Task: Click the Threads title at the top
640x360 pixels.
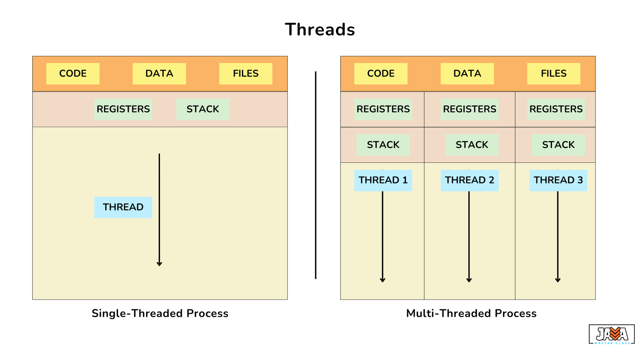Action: [x=320, y=30]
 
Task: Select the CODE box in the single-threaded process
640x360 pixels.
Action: [x=73, y=74]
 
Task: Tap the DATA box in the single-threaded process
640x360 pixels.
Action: [x=159, y=74]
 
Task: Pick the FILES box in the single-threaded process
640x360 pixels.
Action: [x=246, y=74]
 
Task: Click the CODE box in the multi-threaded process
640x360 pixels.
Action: [x=381, y=74]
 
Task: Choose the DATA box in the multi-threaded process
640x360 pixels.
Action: [x=467, y=74]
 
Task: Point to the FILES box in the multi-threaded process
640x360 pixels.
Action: [x=554, y=74]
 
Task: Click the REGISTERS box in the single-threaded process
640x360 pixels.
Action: [x=123, y=109]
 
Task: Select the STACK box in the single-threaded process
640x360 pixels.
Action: [x=203, y=109]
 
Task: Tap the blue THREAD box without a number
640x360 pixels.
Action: [x=123, y=208]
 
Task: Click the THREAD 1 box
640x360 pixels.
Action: [x=383, y=180]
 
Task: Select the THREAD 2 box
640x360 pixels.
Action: [x=470, y=180]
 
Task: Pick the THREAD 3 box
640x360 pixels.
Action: [x=558, y=180]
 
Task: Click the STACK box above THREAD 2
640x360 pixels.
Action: [x=472, y=145]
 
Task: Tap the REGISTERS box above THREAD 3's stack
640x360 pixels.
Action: [x=556, y=109]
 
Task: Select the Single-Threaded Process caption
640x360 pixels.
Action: [x=160, y=314]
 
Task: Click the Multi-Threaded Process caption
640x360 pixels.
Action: [x=472, y=314]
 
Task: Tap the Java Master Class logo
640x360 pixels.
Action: [x=612, y=334]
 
